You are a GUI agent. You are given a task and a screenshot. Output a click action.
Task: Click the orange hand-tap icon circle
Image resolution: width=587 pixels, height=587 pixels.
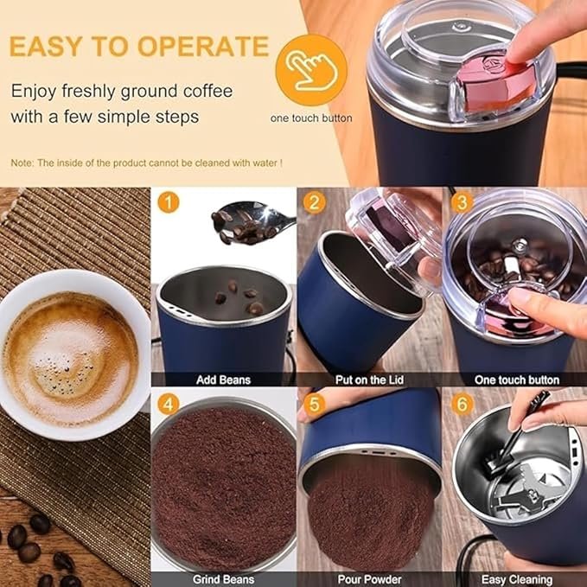[x=311, y=69]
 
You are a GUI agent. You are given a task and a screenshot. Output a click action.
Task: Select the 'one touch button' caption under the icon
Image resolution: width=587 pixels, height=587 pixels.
[x=311, y=118]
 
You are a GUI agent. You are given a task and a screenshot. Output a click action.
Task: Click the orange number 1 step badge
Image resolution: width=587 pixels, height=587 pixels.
[x=169, y=204]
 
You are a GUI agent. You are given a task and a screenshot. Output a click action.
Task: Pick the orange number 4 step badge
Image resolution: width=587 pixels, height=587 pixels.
[x=169, y=403]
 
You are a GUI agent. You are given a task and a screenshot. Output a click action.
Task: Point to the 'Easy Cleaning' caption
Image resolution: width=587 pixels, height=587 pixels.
[x=516, y=579]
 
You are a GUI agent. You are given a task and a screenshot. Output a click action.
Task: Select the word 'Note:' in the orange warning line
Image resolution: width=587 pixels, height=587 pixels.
[x=22, y=163]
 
